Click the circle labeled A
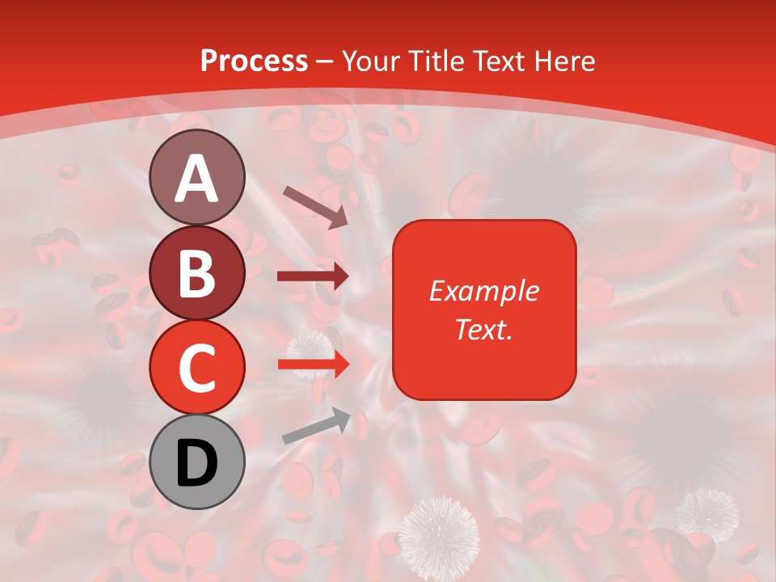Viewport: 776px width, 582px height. [x=197, y=177]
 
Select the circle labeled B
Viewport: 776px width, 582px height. [x=197, y=272]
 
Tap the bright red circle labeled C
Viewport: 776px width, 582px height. [x=197, y=367]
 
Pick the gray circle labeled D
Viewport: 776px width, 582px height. [x=197, y=462]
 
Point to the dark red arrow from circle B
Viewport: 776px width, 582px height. [x=313, y=276]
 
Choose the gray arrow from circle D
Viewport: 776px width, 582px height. [x=316, y=426]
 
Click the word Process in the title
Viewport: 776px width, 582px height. [x=254, y=61]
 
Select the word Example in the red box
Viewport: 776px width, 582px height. [x=483, y=291]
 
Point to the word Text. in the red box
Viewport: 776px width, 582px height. [x=483, y=329]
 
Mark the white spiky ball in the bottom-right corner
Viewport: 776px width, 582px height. [x=707, y=512]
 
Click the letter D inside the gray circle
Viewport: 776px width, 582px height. [x=197, y=463]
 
